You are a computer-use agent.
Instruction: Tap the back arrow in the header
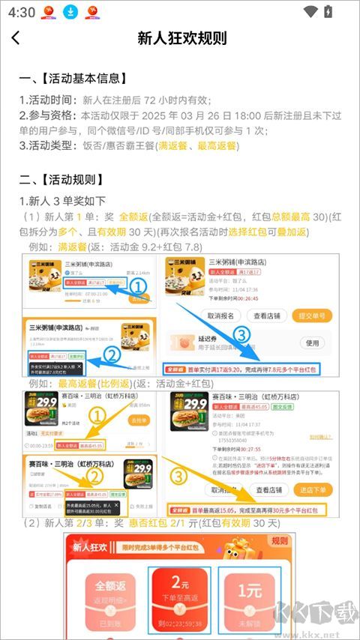click(x=16, y=38)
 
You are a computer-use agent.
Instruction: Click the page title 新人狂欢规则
click(x=182, y=38)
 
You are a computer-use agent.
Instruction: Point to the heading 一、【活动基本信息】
click(x=73, y=78)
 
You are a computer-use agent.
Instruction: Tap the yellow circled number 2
click(x=95, y=474)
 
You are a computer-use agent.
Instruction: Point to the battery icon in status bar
click(x=328, y=11)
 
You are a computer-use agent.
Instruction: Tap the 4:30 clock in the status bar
click(x=22, y=12)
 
